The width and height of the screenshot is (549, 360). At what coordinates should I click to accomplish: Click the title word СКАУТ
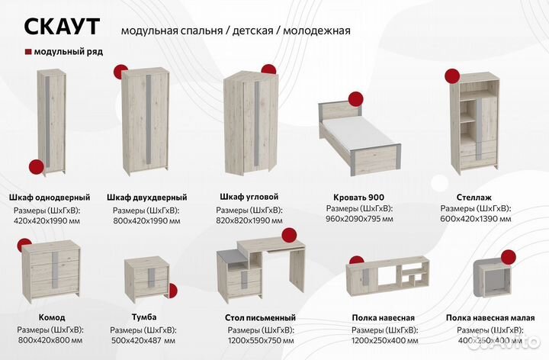(x=62, y=26)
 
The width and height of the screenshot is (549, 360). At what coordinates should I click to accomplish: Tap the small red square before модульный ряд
(x=28, y=52)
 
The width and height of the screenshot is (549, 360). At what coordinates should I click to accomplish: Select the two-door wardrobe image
(x=144, y=121)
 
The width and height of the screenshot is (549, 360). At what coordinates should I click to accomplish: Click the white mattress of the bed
(x=356, y=142)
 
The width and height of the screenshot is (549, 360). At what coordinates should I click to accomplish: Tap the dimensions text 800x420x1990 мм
(x=146, y=220)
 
